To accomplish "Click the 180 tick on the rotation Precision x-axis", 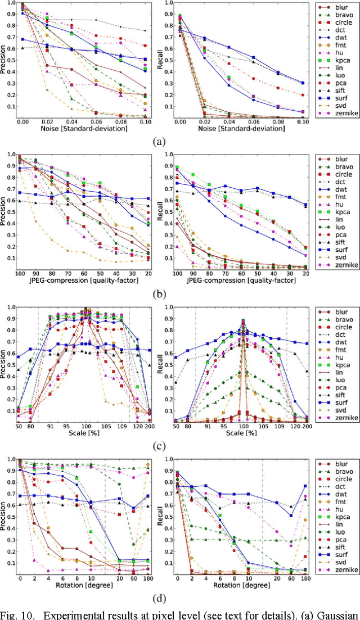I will [147, 578].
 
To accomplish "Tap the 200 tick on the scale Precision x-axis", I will [147, 427].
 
